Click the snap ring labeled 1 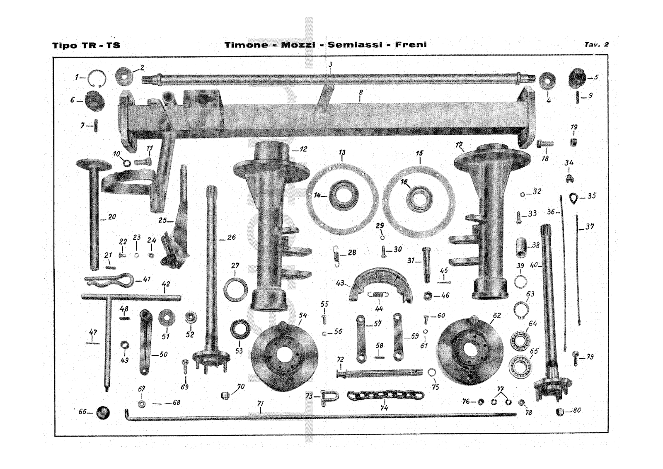coord(97,78)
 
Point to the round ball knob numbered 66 coord(103,413)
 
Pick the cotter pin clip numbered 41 coord(109,280)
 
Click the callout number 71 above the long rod coord(260,403)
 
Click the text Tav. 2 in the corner coord(596,44)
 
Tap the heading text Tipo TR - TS coord(86,45)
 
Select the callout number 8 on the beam coord(361,93)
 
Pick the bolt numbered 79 coord(576,357)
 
